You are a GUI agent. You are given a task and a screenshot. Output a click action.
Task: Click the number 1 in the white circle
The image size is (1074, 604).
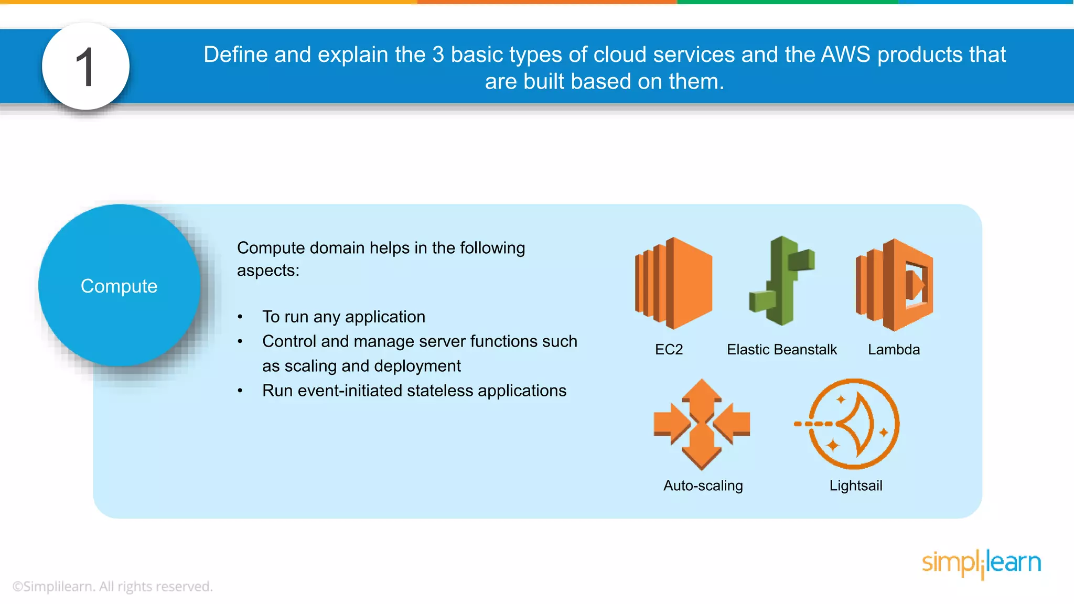[85, 67]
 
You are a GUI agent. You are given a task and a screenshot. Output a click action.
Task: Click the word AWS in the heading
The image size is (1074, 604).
[845, 55]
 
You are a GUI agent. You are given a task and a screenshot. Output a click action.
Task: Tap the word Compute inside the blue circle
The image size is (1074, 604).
[119, 286]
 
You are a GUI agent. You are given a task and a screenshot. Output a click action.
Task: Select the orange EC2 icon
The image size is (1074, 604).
[674, 283]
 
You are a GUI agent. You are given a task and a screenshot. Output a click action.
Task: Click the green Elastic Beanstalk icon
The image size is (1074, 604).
[781, 281]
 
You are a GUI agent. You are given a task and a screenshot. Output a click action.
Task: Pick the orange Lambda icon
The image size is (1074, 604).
[895, 285]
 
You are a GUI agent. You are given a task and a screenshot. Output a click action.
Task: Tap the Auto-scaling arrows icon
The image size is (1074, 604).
[702, 424]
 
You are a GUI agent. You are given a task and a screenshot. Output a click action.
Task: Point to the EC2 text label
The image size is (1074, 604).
[669, 350]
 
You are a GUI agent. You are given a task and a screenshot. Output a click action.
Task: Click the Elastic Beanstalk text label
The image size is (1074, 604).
[781, 350]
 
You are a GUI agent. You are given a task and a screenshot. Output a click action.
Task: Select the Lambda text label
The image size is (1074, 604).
[894, 350]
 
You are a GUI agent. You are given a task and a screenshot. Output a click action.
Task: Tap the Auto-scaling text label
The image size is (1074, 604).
[703, 486]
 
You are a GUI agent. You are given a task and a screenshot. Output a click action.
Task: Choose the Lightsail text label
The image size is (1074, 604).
[855, 486]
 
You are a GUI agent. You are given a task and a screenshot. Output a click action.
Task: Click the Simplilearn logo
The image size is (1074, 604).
[981, 564]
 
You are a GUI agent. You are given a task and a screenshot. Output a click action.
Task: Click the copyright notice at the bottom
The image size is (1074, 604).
[112, 587]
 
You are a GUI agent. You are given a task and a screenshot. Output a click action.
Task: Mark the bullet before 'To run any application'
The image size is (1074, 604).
[240, 317]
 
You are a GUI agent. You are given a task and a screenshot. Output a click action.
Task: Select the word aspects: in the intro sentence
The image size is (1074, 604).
[268, 271]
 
